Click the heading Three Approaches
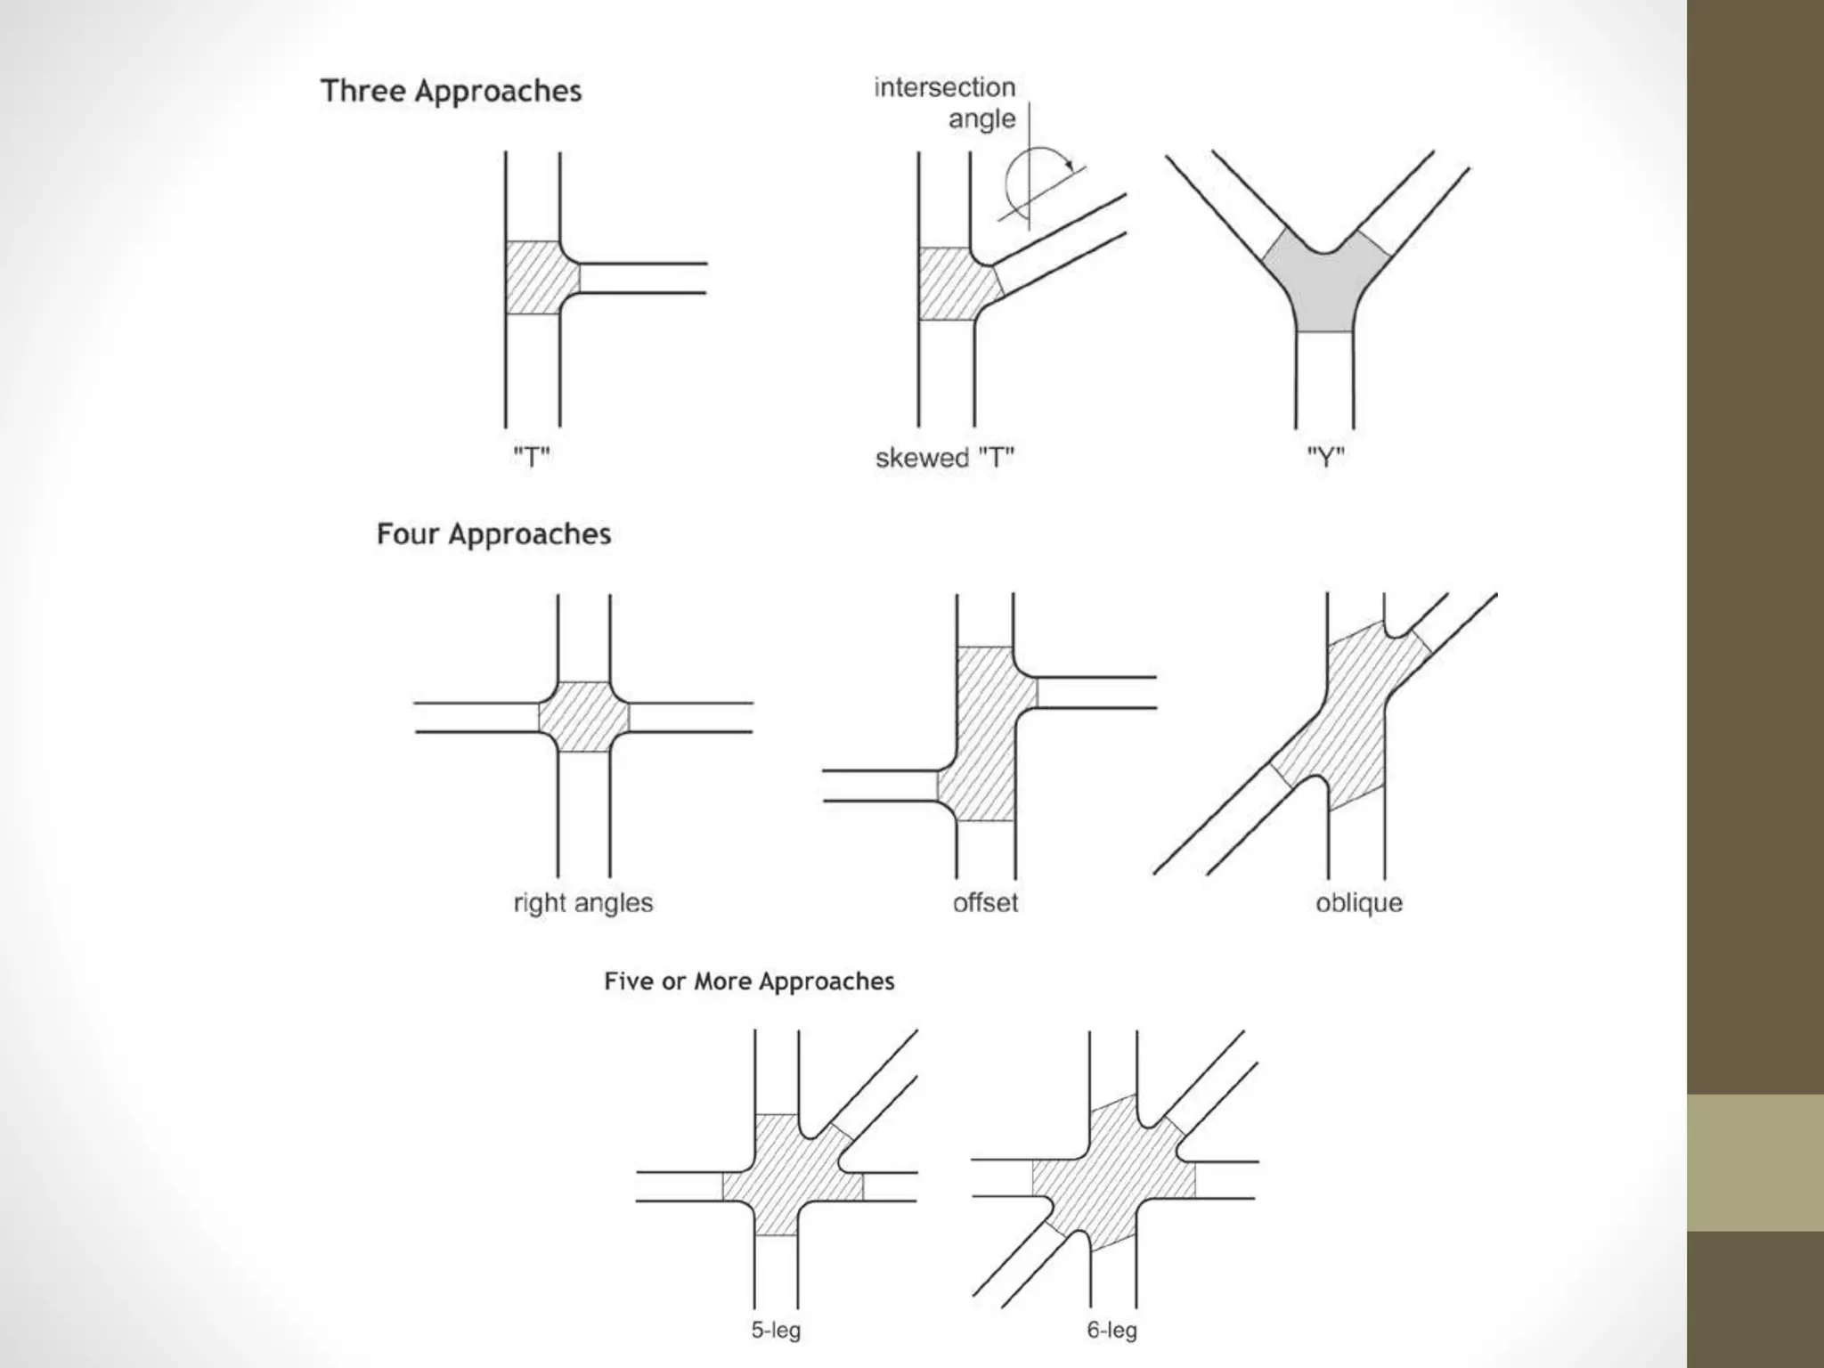pos(451,91)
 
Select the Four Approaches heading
pos(493,533)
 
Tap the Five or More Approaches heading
pos(749,981)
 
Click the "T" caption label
pos(532,458)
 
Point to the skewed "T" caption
pos(945,458)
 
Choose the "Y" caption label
pos(1325,458)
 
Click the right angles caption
pos(583,902)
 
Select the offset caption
pos(985,902)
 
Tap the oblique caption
pos(1359,902)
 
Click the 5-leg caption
pos(776,1330)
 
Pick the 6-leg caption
pos(1111,1330)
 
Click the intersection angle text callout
pos(946,102)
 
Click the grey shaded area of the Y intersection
pos(1325,289)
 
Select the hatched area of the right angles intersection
pos(584,717)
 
